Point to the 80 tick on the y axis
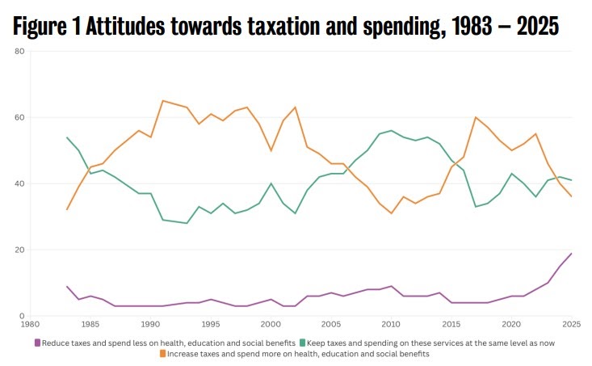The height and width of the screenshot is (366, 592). click(20, 51)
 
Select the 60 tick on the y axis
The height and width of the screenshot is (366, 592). click(20, 117)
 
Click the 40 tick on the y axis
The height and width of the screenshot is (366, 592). click(20, 183)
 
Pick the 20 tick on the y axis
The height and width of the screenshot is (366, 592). click(20, 250)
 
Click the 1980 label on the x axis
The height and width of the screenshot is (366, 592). click(30, 325)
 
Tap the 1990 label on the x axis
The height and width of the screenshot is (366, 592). click(150, 325)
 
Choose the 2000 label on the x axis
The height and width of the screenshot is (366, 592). click(271, 325)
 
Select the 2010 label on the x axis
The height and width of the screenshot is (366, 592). click(391, 325)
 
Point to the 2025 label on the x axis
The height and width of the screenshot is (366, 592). click(572, 325)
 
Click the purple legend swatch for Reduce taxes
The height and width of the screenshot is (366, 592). click(37, 343)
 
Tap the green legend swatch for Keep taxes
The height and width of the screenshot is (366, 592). click(301, 343)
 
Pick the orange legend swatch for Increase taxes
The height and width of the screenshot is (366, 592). click(162, 354)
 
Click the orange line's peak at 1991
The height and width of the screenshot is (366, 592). click(162, 101)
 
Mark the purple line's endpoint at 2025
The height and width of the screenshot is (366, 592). click(572, 254)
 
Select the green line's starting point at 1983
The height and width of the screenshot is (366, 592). click(66, 137)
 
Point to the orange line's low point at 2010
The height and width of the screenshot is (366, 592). click(391, 213)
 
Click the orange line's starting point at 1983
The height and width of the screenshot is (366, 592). click(66, 210)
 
